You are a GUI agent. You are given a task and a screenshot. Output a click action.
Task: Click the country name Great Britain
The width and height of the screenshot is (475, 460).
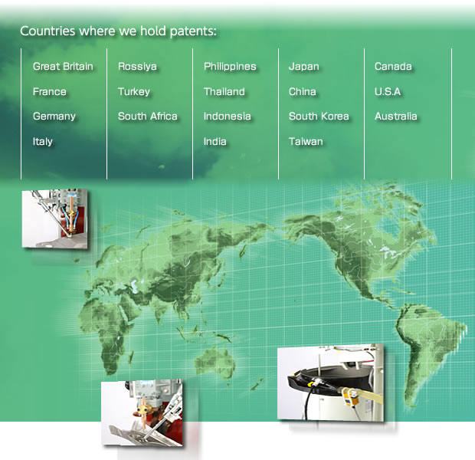point(63,67)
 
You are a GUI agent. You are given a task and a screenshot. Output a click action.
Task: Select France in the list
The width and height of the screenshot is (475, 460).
point(49,91)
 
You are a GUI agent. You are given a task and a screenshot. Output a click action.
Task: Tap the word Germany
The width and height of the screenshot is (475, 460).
point(54,117)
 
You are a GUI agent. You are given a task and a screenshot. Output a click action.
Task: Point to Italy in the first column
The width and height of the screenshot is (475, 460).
point(43,142)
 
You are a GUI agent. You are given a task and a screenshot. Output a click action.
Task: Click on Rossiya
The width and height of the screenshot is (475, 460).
point(137,67)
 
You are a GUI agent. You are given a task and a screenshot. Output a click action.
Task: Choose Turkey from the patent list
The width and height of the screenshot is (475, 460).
point(134,91)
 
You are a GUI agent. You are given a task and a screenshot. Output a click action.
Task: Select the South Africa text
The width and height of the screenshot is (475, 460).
point(148,116)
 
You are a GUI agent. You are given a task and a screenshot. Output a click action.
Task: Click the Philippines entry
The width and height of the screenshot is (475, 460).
point(230,67)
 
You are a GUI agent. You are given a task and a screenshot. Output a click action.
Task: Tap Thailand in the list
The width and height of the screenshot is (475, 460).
point(224,91)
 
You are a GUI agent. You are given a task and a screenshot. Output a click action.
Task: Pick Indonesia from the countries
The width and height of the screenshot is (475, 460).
point(228,116)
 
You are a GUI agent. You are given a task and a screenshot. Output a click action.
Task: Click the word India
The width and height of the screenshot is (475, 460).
point(215,142)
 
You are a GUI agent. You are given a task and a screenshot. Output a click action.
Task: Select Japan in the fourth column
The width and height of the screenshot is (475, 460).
point(304,67)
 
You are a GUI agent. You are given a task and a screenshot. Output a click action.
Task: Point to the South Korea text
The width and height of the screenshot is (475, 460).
point(319,116)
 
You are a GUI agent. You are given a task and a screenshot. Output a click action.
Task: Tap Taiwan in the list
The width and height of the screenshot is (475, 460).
point(306,142)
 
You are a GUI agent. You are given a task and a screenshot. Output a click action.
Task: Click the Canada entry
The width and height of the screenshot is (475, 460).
point(393,67)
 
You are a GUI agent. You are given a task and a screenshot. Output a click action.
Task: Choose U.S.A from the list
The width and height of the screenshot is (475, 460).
point(388,91)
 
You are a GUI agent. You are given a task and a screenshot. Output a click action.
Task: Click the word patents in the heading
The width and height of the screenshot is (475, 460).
point(193,31)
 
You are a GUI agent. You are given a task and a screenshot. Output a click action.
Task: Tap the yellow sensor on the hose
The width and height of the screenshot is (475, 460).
point(352,396)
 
